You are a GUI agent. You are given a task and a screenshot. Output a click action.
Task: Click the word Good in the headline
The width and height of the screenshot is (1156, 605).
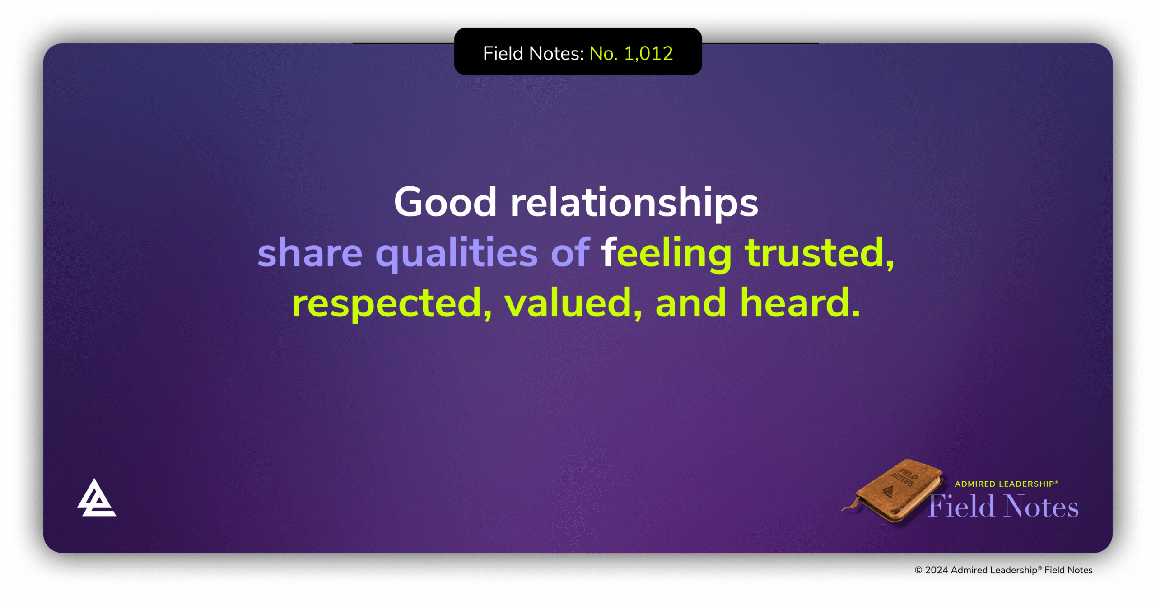point(445,203)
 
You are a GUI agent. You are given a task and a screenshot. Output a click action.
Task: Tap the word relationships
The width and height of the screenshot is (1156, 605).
point(634,203)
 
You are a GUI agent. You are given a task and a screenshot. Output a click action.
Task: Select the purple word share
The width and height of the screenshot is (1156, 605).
point(310,253)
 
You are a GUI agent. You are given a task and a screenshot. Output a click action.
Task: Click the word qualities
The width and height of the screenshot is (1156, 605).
point(457,254)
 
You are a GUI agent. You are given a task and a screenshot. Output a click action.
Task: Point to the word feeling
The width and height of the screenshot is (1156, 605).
point(666,254)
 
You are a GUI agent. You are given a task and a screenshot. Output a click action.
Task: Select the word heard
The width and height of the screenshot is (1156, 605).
point(800,303)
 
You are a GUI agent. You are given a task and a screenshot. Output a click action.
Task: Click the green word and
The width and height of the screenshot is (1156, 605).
point(690,303)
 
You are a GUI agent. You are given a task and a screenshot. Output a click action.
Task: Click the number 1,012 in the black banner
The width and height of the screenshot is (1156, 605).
point(648,53)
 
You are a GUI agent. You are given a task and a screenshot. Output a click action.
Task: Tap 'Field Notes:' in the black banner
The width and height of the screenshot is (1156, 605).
point(533,53)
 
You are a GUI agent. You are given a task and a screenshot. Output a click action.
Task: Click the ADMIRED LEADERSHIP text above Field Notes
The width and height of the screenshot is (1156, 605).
point(1006,484)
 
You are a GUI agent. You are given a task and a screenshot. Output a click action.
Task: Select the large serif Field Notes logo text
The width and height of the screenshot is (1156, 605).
point(1003,507)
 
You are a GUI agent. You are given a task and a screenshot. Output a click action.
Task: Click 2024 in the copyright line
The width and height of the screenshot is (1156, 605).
point(937,570)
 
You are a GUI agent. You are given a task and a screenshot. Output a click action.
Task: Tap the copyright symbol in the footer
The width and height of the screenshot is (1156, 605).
point(918,570)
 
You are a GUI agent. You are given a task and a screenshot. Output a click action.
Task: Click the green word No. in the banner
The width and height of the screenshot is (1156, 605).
point(603,53)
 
